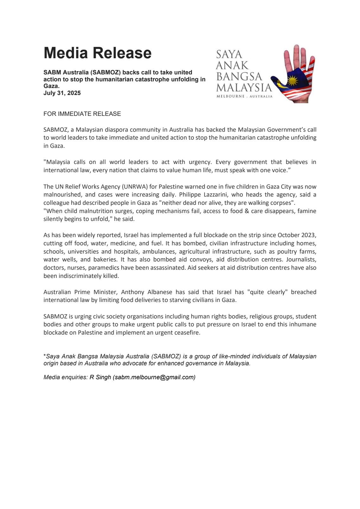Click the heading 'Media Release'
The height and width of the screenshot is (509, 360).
98,53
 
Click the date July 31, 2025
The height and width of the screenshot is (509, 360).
62,93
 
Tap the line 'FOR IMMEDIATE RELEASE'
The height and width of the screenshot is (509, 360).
82,114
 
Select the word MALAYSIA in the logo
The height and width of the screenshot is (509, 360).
244,87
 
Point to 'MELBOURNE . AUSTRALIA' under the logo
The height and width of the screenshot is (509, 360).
244,96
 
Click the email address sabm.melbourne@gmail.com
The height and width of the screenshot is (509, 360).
154,377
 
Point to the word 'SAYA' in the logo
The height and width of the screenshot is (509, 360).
229,54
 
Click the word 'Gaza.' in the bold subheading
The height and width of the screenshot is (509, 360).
51,86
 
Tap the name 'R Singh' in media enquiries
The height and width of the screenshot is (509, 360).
100,377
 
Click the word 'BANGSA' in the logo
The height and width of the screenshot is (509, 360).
239,76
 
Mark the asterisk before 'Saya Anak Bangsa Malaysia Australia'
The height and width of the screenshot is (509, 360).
45,355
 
